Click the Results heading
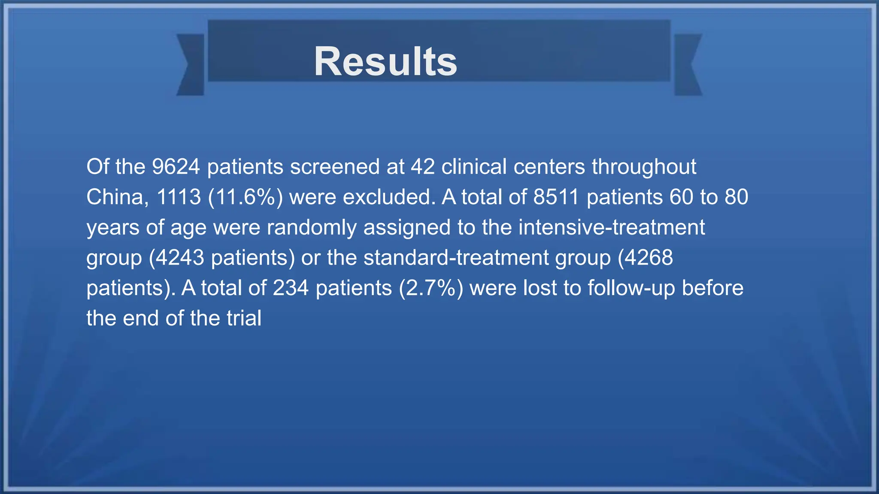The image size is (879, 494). (385, 62)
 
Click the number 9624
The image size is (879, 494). (176, 167)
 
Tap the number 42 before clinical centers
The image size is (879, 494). (422, 167)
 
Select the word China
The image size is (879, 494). (117, 197)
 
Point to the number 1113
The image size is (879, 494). (179, 197)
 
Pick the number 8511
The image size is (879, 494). (556, 197)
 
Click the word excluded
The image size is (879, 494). (389, 197)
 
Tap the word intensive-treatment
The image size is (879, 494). (612, 227)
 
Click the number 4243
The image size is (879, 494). (179, 258)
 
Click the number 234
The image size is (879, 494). (291, 288)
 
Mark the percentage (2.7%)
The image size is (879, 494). (431, 288)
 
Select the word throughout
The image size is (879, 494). (644, 167)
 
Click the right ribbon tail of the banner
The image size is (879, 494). (688, 64)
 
